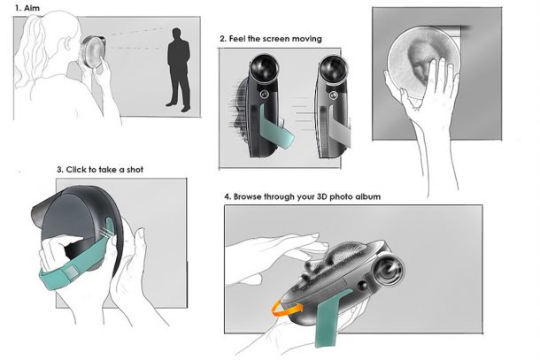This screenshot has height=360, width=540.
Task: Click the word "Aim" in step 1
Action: (32, 8)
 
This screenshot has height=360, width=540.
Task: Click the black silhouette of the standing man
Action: (179, 70)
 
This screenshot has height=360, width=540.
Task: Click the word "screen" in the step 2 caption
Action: (274, 39)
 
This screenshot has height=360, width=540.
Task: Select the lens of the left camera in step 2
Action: (264, 67)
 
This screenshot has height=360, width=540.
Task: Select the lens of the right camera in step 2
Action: (334, 68)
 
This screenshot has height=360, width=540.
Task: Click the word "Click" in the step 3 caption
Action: (76, 170)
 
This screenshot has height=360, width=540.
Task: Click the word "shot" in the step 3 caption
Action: (135, 170)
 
